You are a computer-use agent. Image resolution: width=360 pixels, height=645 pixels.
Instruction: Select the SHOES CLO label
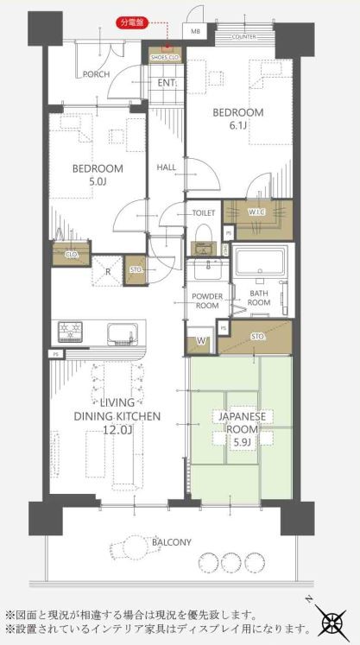163,57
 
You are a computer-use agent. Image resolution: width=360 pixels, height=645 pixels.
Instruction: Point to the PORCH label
95,74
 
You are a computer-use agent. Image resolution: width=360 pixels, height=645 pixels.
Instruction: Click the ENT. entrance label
167,84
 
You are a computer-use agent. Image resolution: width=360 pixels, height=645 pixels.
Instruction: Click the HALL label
167,168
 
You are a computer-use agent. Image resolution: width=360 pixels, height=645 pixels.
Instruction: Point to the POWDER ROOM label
208,301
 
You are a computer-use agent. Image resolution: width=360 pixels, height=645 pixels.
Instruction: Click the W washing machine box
201,341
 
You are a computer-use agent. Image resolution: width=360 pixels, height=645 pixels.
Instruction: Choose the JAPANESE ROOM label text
242,422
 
